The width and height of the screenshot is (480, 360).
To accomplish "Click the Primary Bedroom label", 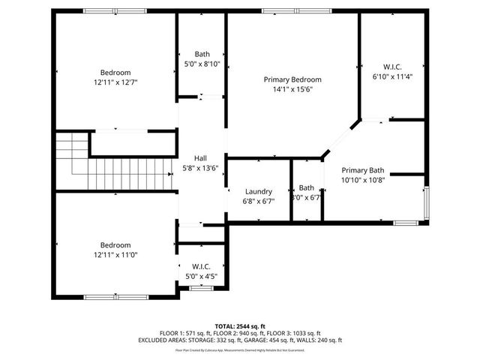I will coord(292,79).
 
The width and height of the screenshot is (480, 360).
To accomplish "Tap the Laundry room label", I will coord(259,191).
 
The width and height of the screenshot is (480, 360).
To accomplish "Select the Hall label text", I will coord(200,158).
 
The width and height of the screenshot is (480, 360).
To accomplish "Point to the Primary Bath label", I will coord(362,169).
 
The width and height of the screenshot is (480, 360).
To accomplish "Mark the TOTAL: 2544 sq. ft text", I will coord(239,326).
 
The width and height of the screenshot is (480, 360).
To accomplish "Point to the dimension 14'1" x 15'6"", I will coord(292,89).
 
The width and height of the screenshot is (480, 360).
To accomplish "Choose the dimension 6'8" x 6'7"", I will coord(259,201).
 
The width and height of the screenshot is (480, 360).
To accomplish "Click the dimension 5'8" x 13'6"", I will coord(200,168).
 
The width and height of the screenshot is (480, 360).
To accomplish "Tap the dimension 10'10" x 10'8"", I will coord(362,179).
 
